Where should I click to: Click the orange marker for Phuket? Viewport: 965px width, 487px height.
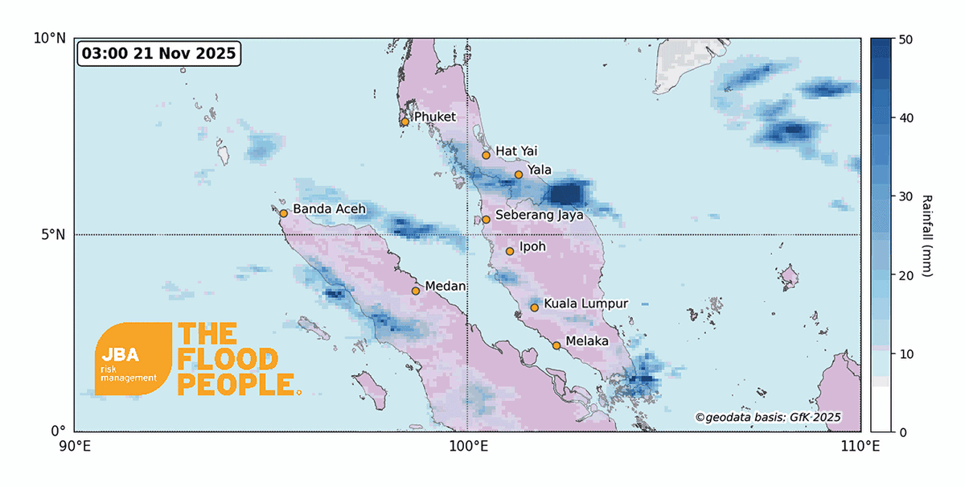tap(404, 122)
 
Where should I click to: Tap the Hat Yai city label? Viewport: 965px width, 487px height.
tap(515, 151)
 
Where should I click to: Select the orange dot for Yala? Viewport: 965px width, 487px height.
tap(519, 174)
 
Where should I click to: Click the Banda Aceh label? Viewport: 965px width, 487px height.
tap(329, 209)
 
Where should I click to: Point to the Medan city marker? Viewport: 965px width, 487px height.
tap(416, 291)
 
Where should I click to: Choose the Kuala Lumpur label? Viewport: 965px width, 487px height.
tap(585, 303)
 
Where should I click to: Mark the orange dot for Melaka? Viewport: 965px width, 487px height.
tap(556, 345)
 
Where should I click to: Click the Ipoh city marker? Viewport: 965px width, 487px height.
tap(510, 251)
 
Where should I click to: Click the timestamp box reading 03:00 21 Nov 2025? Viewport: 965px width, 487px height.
tap(158, 55)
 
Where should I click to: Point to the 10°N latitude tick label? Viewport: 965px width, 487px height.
tap(50, 38)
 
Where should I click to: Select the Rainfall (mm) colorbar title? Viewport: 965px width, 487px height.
tap(927, 235)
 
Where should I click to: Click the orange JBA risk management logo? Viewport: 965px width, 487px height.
tap(133, 359)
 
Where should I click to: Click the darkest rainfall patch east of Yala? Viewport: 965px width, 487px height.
tap(565, 194)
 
